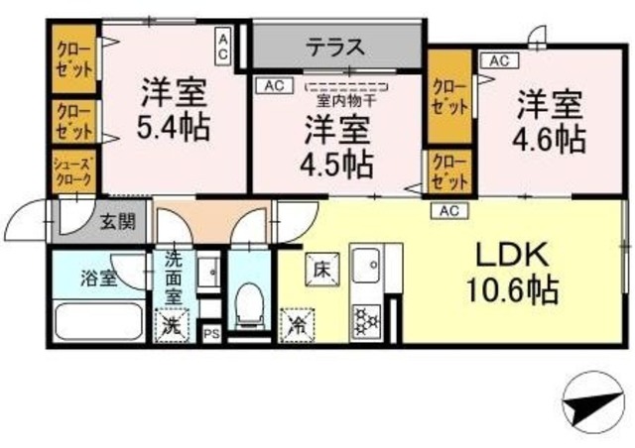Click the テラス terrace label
333,47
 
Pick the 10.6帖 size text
512,291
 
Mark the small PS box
211,335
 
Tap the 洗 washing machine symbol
172,323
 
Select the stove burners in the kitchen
364,319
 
